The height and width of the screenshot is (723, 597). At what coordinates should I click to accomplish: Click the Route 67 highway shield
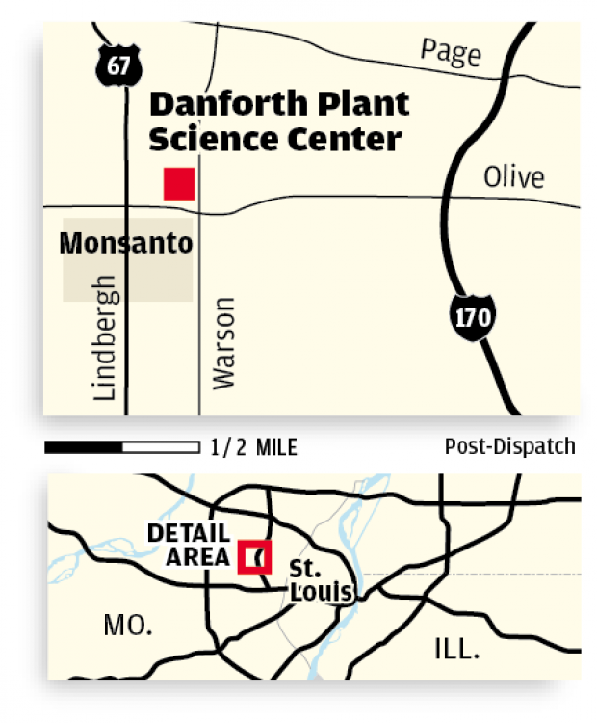pos(118,65)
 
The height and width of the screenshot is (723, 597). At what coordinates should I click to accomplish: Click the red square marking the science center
pos(179,183)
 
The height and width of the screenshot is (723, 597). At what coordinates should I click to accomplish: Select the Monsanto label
pos(125,244)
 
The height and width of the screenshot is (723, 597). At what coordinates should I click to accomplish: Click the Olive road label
pos(513,177)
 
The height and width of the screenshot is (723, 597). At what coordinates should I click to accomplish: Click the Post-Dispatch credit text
pos(509,446)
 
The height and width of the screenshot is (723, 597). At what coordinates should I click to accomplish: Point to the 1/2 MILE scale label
pos(253,447)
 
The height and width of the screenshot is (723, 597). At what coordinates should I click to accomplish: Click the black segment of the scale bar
pos(84,447)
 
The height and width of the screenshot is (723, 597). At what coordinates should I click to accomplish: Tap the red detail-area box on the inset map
pos(255,556)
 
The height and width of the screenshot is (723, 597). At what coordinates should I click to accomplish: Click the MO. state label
pos(127,626)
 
